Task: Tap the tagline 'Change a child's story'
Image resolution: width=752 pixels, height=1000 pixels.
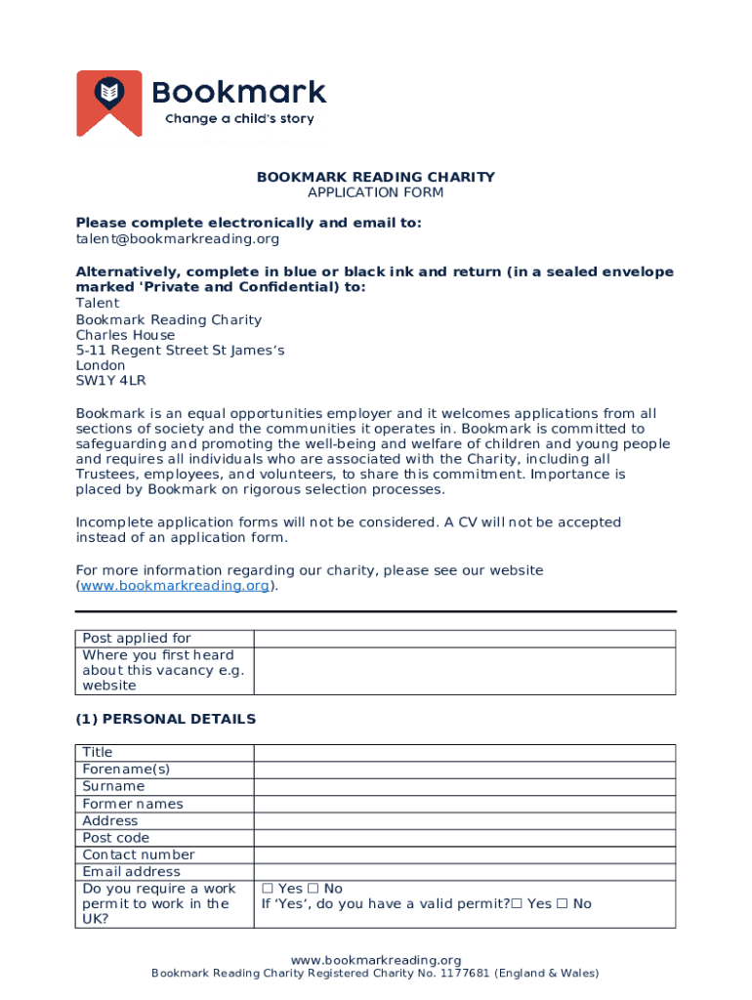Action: [x=239, y=119]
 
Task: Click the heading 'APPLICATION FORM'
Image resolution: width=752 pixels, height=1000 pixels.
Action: [x=376, y=192]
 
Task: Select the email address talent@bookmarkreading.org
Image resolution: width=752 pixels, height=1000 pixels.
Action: [x=178, y=238]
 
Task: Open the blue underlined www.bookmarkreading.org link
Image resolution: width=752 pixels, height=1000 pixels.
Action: [x=175, y=586]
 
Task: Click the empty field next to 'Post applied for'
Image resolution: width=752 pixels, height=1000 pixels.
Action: [x=464, y=639]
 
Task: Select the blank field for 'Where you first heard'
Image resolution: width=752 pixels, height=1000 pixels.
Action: [x=464, y=671]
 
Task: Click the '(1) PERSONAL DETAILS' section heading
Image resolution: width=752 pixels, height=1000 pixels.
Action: [x=166, y=719]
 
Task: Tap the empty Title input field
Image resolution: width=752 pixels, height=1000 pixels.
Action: [x=464, y=752]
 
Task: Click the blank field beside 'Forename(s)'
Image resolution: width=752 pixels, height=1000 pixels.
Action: [x=464, y=770]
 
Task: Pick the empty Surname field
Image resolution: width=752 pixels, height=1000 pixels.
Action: [x=464, y=786]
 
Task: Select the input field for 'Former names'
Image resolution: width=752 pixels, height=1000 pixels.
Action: [x=464, y=804]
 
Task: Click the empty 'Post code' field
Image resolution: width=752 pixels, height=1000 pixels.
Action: [x=464, y=838]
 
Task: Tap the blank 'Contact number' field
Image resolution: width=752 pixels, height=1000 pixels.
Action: [x=464, y=855]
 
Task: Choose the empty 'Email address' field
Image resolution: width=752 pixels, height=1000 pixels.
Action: [x=464, y=872]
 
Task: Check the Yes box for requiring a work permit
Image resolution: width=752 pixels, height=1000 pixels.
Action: [x=267, y=889]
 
